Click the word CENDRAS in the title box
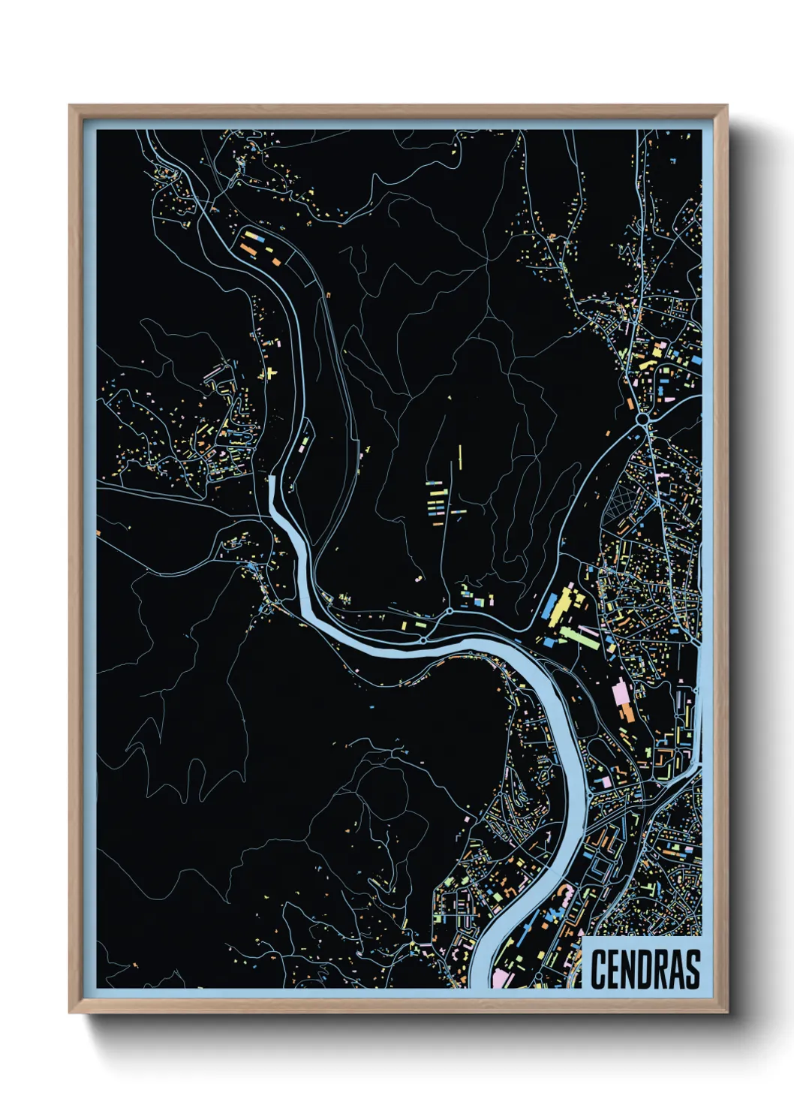[x=645, y=969]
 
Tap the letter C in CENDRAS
[x=598, y=969]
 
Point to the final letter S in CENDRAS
[x=692, y=969]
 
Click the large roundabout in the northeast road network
[x=643, y=418]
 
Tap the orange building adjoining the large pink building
[x=626, y=712]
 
